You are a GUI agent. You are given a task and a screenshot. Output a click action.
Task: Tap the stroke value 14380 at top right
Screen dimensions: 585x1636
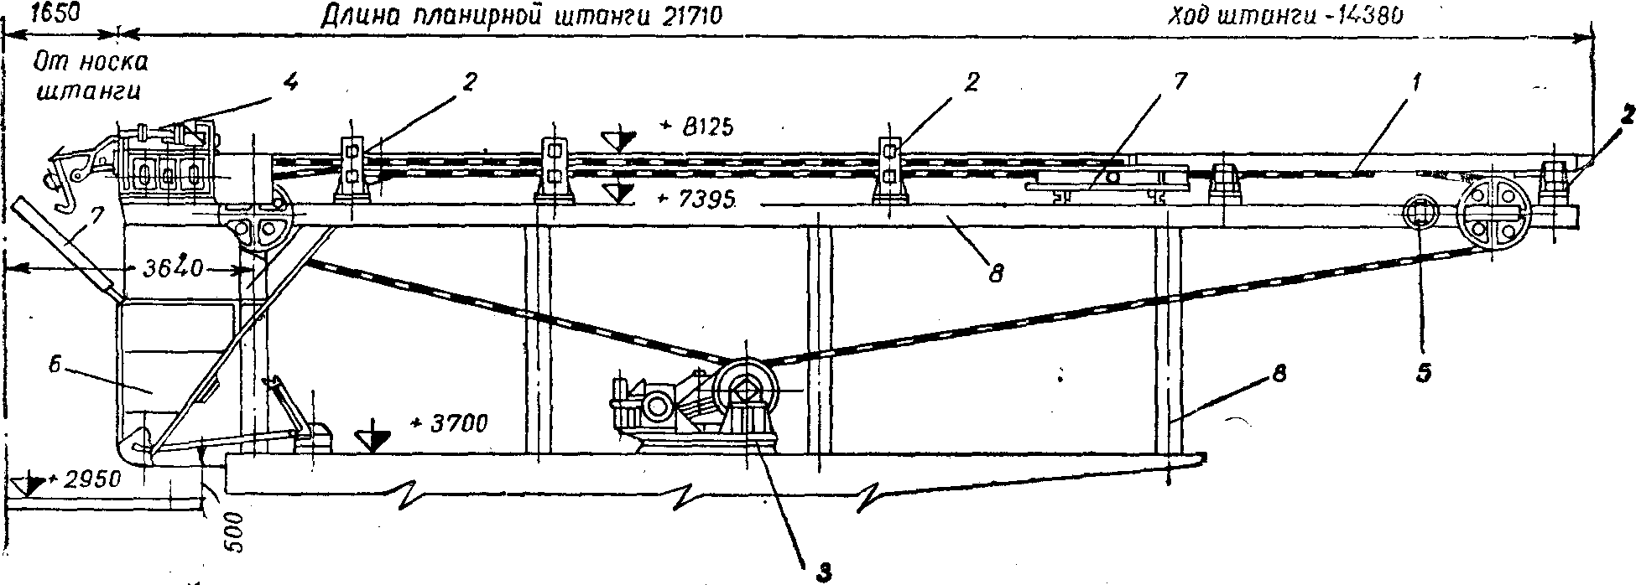1362,16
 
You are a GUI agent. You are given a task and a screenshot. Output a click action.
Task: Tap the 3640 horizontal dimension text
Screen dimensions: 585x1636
173,270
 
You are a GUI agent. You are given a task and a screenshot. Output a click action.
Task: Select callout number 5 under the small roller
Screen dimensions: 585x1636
1423,372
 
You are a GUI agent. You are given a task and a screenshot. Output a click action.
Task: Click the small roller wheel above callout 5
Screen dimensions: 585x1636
1421,215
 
